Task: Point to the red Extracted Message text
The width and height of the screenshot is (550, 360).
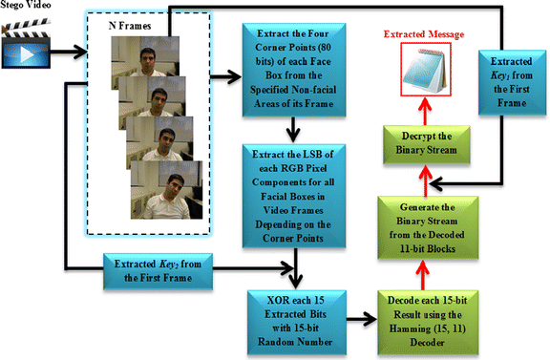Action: [420, 34]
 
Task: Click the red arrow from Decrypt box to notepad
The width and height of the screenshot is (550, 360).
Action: [422, 110]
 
